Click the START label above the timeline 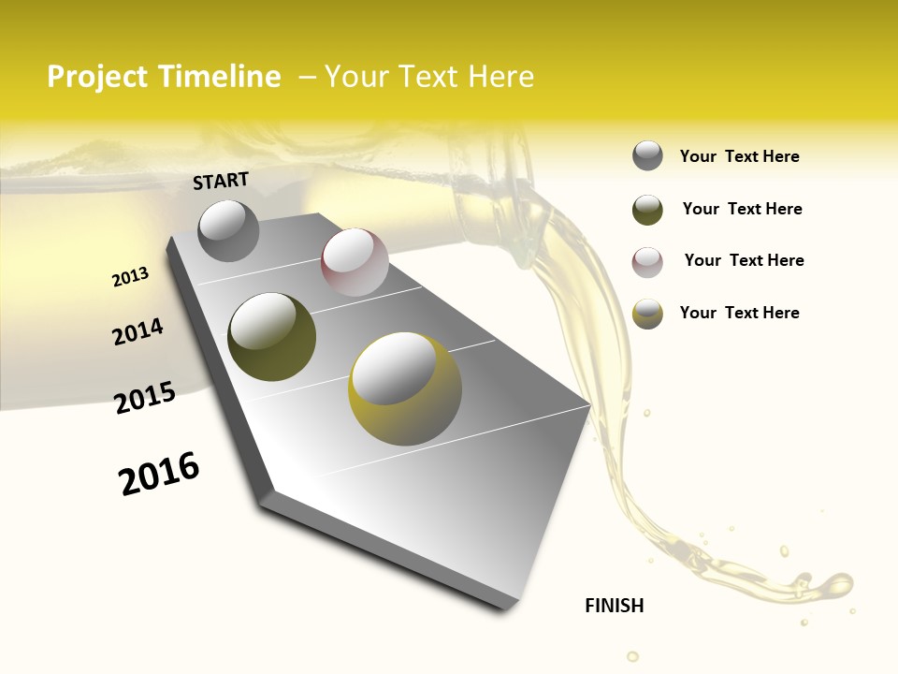pyautogui.click(x=221, y=181)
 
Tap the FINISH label pyautogui.click(x=615, y=606)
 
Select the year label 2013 pyautogui.click(x=130, y=277)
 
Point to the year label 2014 pyautogui.click(x=138, y=332)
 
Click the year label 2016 pyautogui.click(x=159, y=474)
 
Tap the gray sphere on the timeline pyautogui.click(x=229, y=230)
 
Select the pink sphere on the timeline pyautogui.click(x=355, y=261)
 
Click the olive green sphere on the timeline pyautogui.click(x=271, y=336)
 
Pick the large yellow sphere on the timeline pyautogui.click(x=405, y=388)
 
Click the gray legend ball pyautogui.click(x=647, y=155)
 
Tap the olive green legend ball pyautogui.click(x=647, y=210)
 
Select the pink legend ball pyautogui.click(x=647, y=262)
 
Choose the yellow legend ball pyautogui.click(x=647, y=314)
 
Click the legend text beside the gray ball pyautogui.click(x=739, y=156)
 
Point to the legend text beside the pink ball pyautogui.click(x=744, y=260)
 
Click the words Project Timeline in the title pyautogui.click(x=164, y=77)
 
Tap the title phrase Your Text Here pyautogui.click(x=428, y=77)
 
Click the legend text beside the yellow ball pyautogui.click(x=739, y=313)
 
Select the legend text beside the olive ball pyautogui.click(x=742, y=209)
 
